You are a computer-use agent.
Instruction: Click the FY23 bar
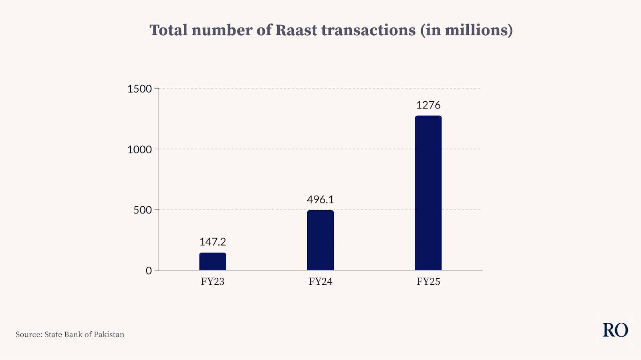[213, 261]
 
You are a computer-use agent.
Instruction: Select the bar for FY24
[320, 240]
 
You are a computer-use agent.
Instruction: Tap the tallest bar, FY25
[428, 193]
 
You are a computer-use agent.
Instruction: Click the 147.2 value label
[213, 242]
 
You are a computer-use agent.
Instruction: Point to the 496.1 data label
[320, 199]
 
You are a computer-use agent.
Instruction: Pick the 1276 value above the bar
[428, 105]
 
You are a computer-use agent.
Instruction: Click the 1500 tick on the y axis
[140, 89]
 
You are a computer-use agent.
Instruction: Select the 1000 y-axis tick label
[140, 149]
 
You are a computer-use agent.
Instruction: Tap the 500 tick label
[143, 210]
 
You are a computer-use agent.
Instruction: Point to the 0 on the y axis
[149, 270]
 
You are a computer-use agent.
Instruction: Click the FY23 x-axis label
[213, 282]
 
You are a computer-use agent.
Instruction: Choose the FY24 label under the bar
[320, 282]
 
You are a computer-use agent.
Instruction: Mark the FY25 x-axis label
[428, 282]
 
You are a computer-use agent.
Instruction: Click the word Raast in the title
[296, 30]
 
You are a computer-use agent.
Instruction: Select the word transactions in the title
[368, 30]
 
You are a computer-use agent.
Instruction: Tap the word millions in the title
[475, 30]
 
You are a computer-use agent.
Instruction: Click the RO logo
[615, 330]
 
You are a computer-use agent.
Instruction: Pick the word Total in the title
[169, 30]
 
